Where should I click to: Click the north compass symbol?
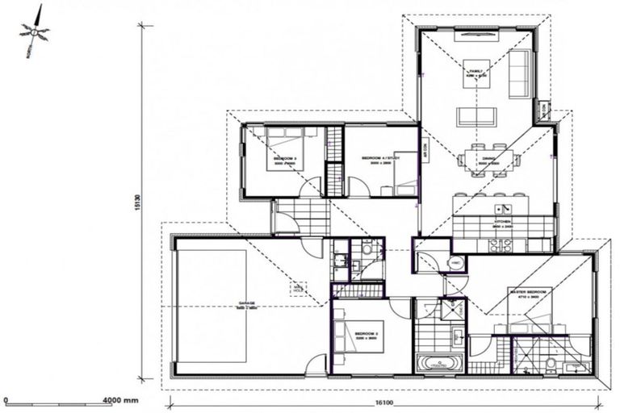tap(34, 33)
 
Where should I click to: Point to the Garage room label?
tap(246, 305)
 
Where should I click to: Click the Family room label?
tap(476, 73)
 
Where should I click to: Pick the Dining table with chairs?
tap(488, 159)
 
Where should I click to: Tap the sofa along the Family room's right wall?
tap(521, 74)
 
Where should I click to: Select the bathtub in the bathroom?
tap(440, 362)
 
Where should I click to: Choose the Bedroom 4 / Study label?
tap(380, 159)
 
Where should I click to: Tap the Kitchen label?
tap(504, 220)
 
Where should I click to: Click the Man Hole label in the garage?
tap(299, 286)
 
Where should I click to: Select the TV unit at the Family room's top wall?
tap(476, 35)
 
